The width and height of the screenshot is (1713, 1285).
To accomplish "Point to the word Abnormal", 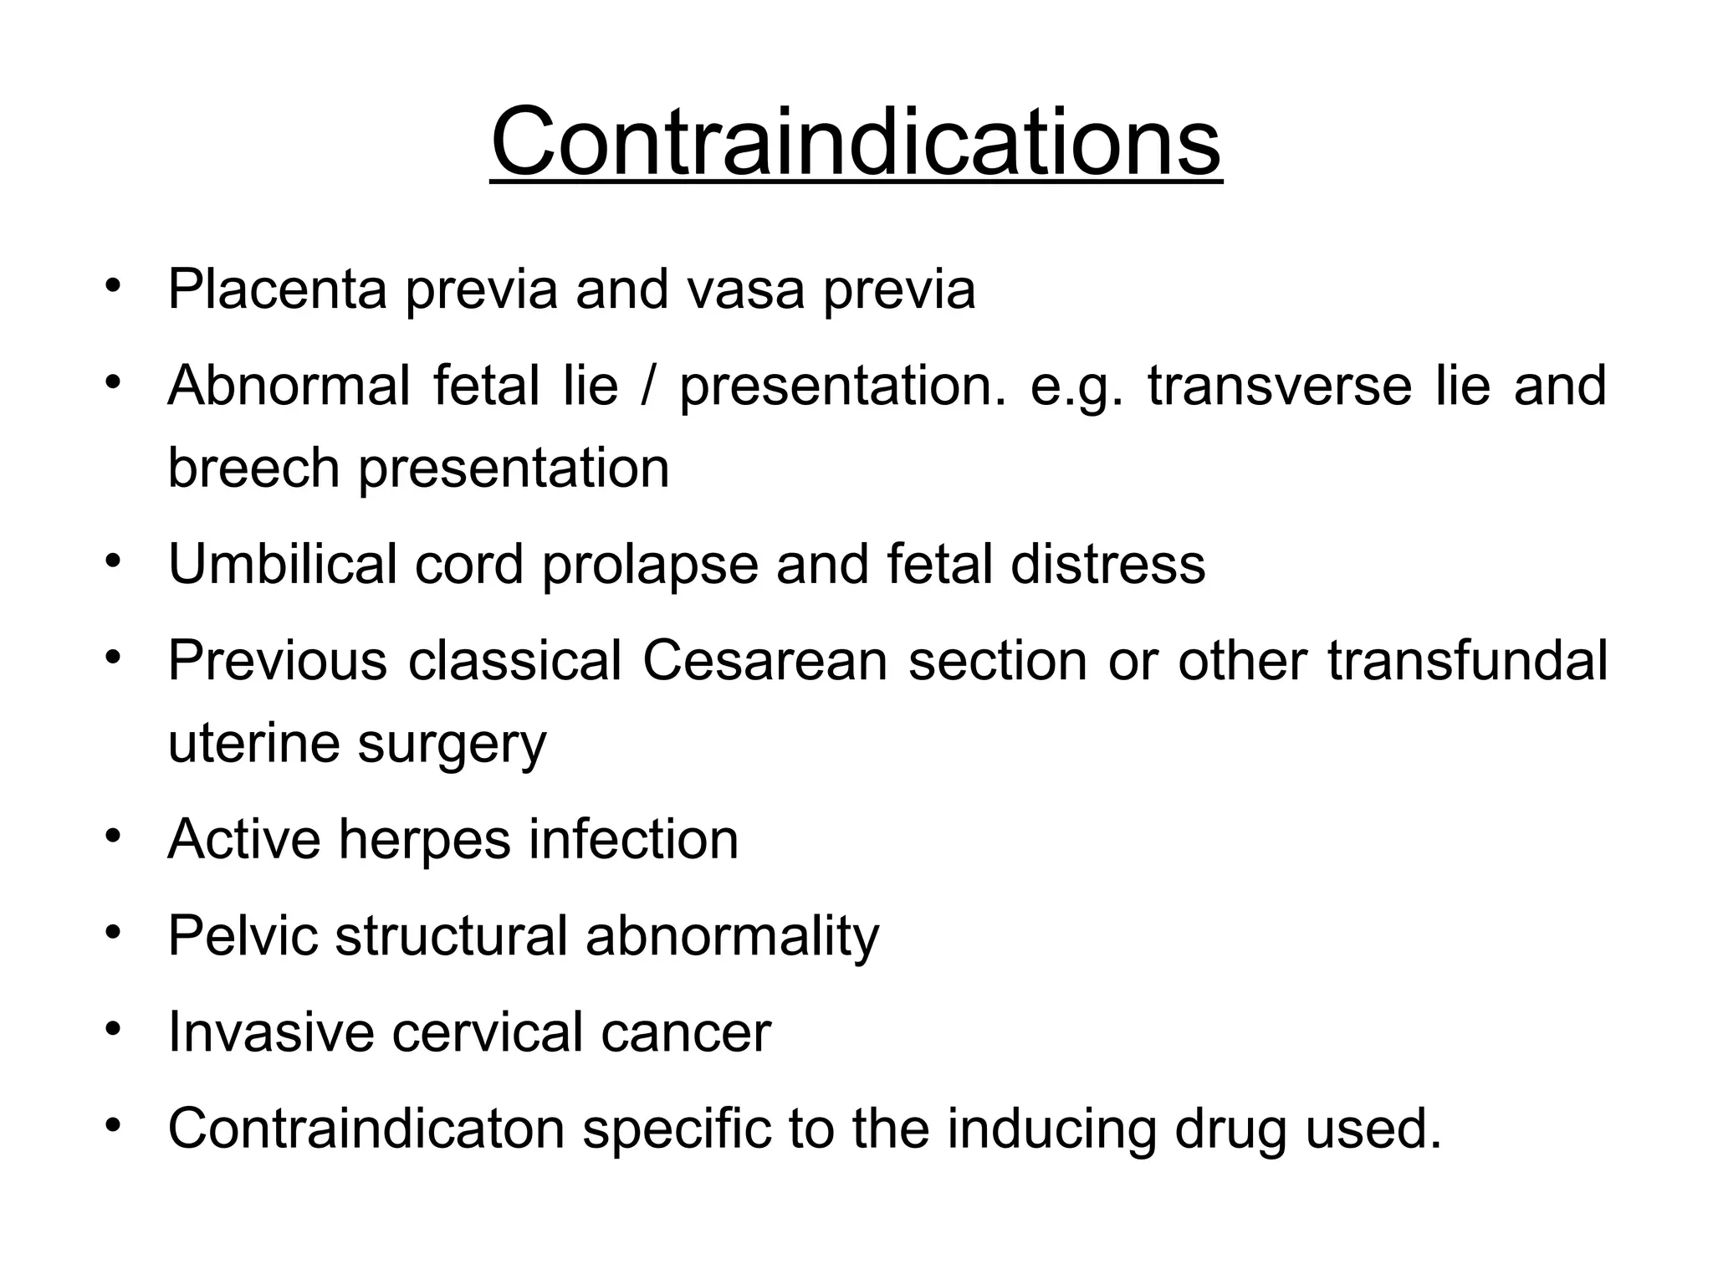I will (289, 386).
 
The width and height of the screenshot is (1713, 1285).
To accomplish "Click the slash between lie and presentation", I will (647, 386).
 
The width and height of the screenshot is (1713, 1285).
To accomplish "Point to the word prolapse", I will (649, 566).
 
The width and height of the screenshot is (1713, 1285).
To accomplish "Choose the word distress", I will (1107, 564).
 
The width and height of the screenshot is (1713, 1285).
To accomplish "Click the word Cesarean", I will (764, 661).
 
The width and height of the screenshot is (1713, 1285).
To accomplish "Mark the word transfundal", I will (1467, 661).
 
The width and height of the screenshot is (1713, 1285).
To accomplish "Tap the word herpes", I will (423, 841).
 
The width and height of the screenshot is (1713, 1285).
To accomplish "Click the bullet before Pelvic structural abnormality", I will (114, 932).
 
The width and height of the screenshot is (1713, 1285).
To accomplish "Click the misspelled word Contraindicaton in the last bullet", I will (366, 1129).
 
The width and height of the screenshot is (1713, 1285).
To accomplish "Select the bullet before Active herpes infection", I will (114, 836).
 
